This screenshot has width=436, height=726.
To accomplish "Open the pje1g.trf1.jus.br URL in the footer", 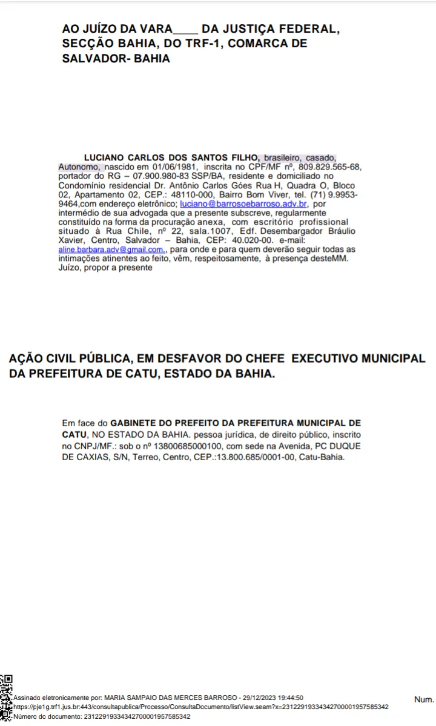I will pyautogui.click(x=200, y=707).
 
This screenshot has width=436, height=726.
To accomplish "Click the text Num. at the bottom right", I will pyautogui.click(x=424, y=699).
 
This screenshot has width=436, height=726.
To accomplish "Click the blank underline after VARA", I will pyautogui.click(x=185, y=29).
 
